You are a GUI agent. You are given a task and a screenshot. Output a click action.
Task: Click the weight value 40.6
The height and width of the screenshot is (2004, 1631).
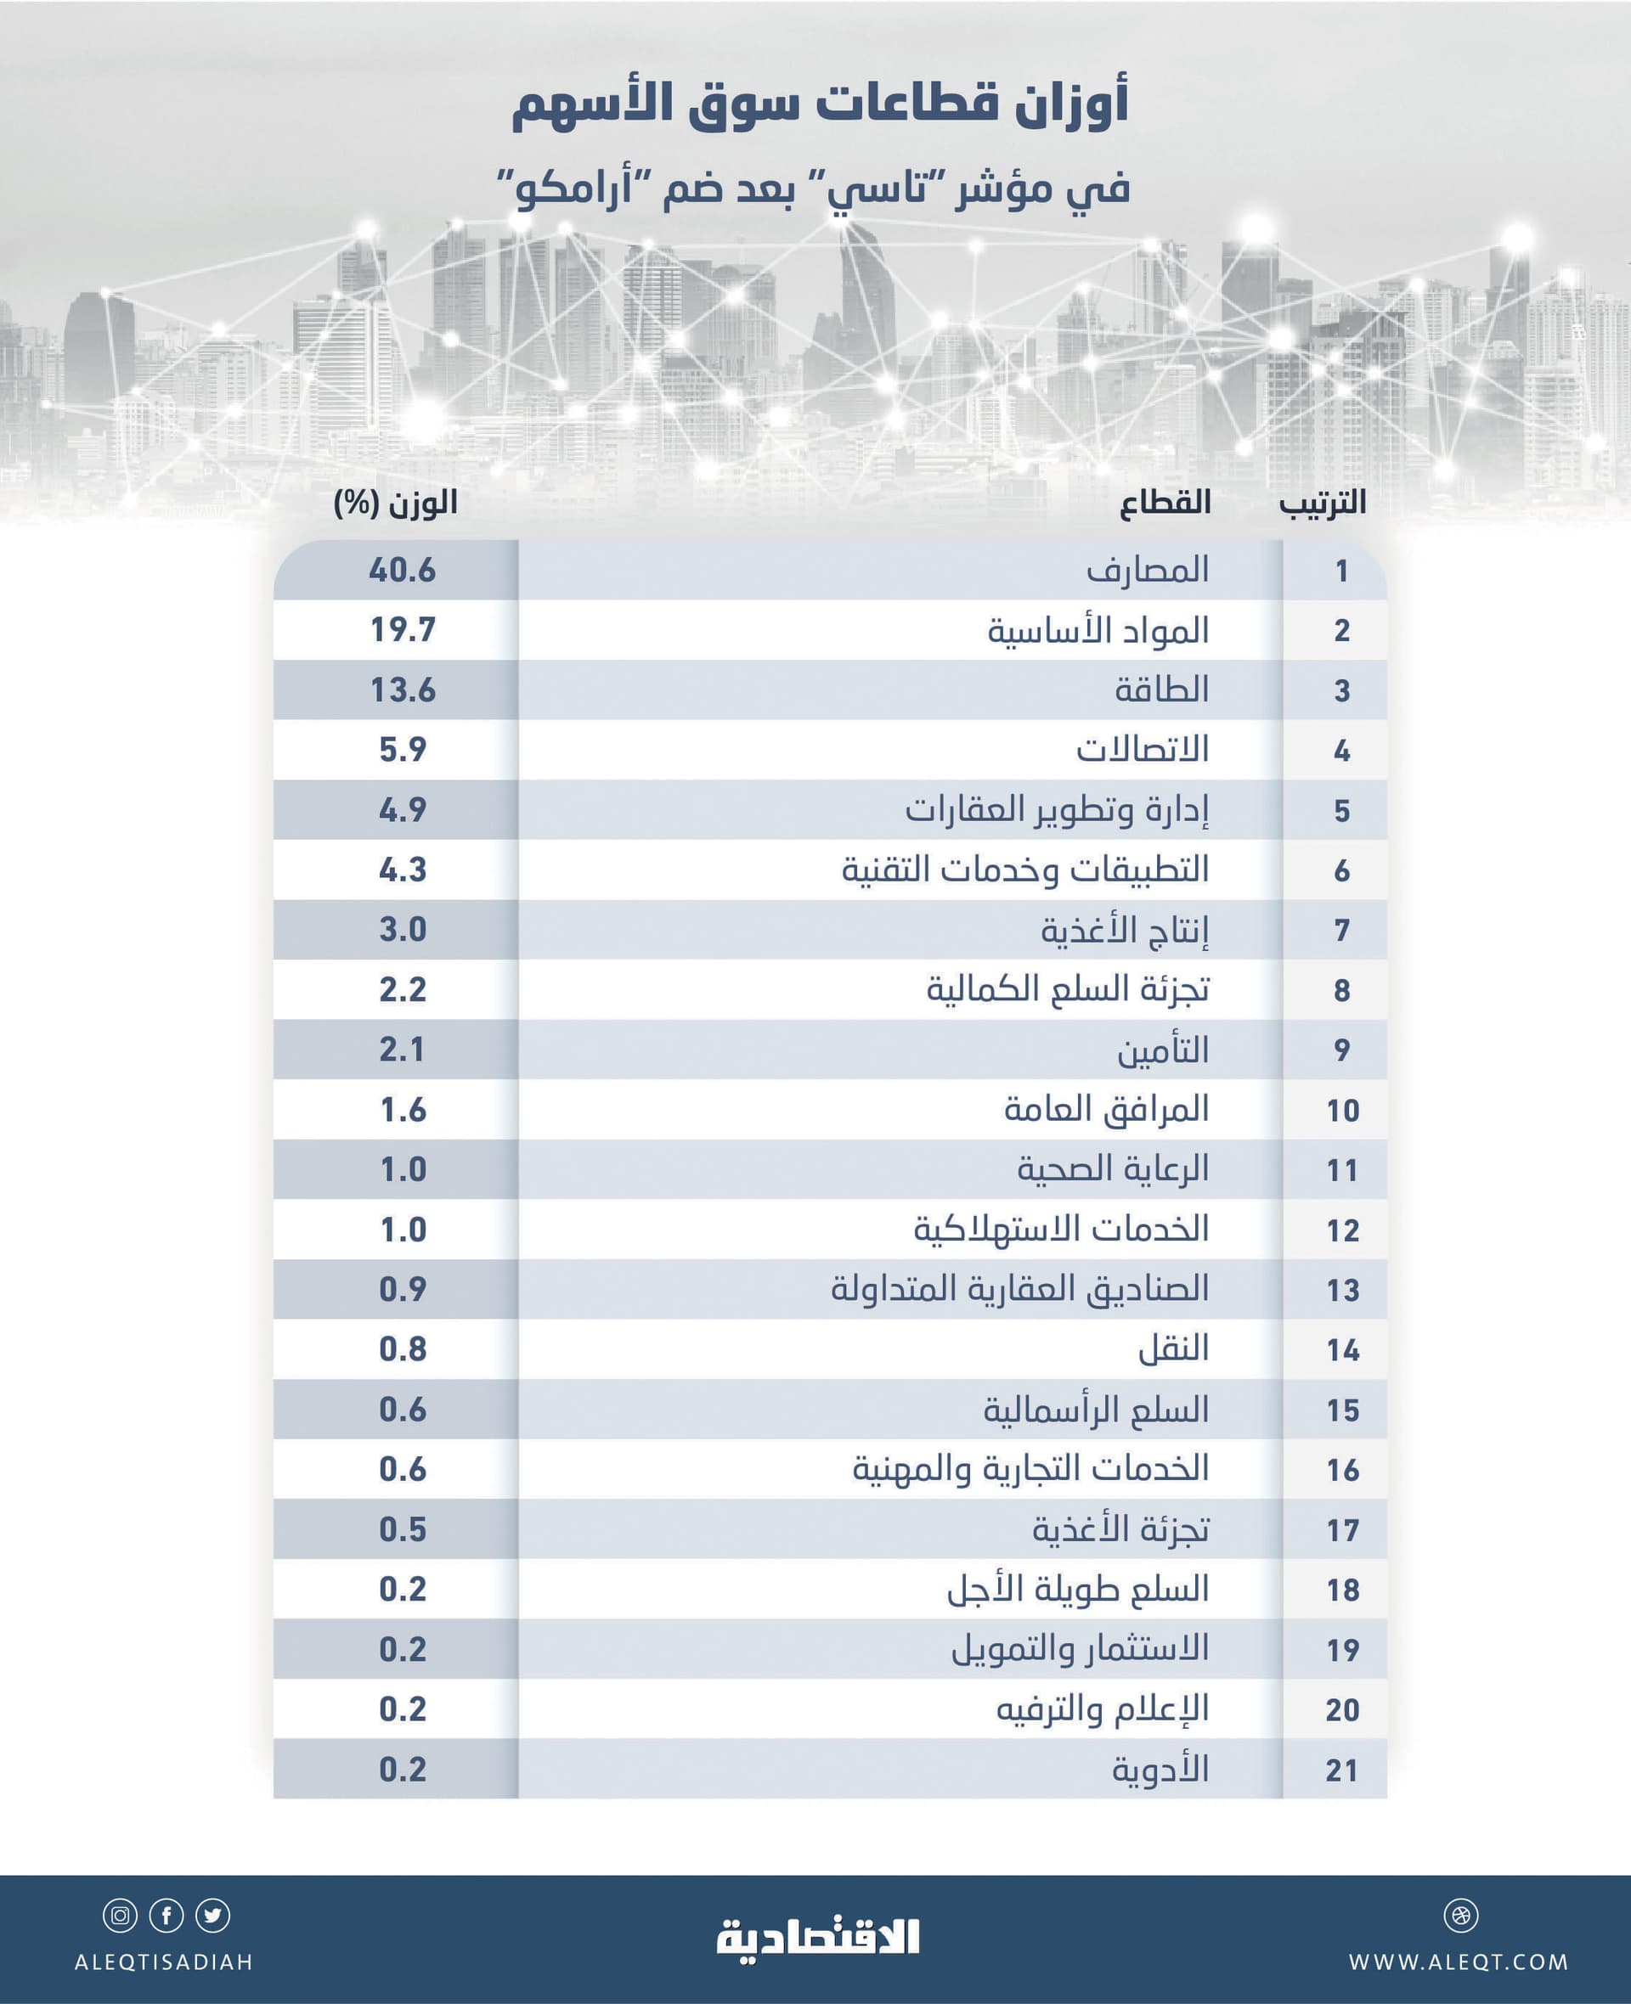coord(402,570)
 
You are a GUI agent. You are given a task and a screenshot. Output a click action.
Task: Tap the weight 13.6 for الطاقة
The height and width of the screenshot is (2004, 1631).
coord(402,690)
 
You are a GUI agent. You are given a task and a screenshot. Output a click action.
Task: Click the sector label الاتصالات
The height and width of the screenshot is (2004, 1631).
coord(1142,750)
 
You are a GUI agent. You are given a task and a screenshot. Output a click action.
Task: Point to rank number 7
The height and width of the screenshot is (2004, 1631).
coord(1341,930)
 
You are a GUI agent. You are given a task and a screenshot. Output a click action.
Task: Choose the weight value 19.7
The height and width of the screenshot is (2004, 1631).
coord(402,630)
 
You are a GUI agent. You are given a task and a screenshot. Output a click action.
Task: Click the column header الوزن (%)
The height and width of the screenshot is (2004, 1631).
coord(396,504)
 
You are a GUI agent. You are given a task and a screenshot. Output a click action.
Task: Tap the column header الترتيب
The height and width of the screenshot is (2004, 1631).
coord(1322,503)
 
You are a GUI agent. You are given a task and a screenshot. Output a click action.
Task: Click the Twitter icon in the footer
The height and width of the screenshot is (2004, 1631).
coord(213,1916)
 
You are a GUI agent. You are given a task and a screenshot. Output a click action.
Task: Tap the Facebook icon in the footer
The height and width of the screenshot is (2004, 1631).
coord(166,1916)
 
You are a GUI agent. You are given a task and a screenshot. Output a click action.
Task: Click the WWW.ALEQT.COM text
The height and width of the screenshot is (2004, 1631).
coord(1458,1962)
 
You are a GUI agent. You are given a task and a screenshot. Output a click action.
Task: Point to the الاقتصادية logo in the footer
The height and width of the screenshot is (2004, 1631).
coord(817,1937)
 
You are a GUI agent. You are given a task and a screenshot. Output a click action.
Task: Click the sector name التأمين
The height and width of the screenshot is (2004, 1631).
coord(1162,1050)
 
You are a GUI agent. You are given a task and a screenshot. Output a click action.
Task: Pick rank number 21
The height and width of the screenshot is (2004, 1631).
coord(1341,1770)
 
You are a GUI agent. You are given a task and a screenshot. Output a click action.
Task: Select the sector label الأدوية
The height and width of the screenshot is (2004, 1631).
coord(1160,1770)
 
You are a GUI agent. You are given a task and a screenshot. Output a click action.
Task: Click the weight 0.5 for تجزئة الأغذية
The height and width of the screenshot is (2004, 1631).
coord(402,1530)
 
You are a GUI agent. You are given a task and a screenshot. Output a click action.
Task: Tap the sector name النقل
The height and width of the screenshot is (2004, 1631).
coord(1173,1349)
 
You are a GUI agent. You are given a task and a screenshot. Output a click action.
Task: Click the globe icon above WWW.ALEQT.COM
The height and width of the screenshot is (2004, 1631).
coord(1461,1916)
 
